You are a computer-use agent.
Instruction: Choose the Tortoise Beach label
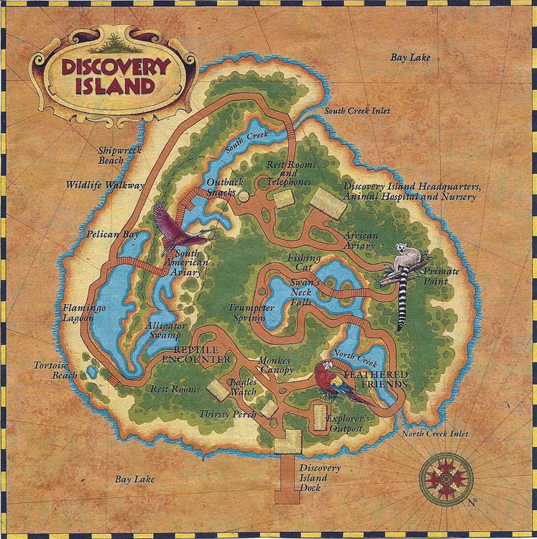[55, 369]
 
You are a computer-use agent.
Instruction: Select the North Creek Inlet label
[435, 433]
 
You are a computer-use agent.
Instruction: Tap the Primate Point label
[446, 276]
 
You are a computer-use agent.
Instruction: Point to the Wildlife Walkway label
[104, 185]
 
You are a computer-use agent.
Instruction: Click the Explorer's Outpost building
[319, 418]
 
